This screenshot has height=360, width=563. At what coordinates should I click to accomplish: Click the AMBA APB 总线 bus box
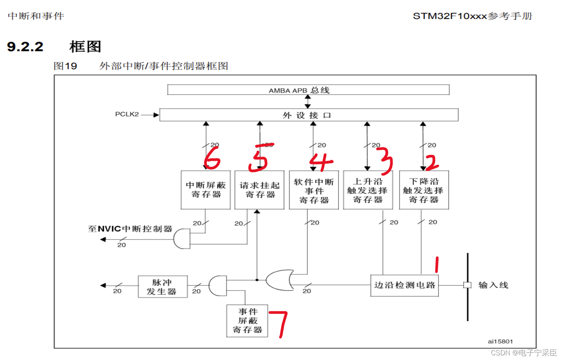[308, 90]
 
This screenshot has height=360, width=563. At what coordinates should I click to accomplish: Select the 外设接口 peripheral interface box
[308, 115]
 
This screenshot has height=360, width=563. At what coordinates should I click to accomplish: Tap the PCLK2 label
[127, 114]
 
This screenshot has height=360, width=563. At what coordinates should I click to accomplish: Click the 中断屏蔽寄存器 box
[206, 190]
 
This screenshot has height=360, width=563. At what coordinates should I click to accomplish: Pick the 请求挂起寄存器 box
[260, 190]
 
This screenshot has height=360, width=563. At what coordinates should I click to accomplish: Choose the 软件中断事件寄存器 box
[314, 191]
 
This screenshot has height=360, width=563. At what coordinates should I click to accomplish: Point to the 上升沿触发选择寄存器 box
[368, 190]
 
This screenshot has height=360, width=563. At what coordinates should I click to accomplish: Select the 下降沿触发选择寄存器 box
[424, 190]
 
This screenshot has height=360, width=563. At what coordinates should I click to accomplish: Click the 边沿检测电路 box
[405, 285]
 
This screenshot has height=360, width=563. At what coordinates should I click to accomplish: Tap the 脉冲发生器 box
[163, 287]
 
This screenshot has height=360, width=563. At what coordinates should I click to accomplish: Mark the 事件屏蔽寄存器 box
[247, 321]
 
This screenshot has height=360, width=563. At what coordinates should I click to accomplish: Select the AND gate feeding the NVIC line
[182, 239]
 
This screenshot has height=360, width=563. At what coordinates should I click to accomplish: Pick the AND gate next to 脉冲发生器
[217, 286]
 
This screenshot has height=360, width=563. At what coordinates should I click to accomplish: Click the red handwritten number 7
[280, 323]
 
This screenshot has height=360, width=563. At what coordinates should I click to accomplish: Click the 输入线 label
[493, 285]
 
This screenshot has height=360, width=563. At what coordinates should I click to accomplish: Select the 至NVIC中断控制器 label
[130, 229]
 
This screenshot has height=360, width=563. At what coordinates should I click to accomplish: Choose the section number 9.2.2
[25, 47]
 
